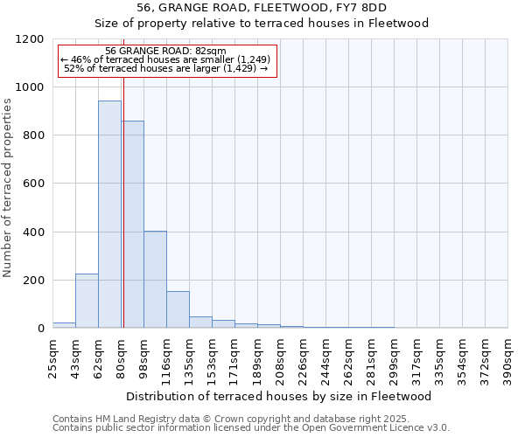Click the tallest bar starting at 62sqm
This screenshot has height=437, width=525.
tap(109, 214)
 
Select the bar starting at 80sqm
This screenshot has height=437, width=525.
tap(132, 225)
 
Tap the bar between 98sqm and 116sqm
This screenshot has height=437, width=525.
tap(155, 280)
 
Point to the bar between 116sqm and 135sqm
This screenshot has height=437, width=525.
tap(178, 309)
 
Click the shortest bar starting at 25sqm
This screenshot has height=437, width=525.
tap(64, 325)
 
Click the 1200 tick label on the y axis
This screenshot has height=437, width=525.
tap(30, 39)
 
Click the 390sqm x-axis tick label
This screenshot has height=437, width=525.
tap(508, 353)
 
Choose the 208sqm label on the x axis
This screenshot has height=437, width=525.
tap(281, 353)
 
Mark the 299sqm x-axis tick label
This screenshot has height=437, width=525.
tap(395, 353)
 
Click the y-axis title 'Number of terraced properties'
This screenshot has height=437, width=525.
tap(8, 188)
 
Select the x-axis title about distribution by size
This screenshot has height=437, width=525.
tap(279, 396)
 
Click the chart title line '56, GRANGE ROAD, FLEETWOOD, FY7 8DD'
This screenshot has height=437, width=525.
tap(262, 8)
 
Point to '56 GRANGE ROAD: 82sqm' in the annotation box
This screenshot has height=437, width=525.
tap(165, 51)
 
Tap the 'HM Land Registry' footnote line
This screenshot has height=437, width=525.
tap(249, 419)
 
